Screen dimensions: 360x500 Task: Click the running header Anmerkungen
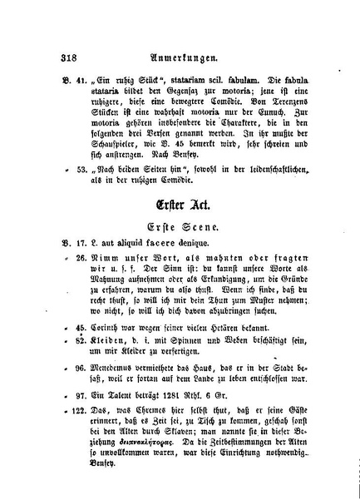[181, 58]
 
